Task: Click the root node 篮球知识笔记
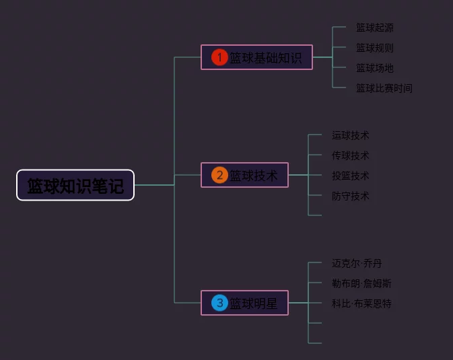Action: [75, 185]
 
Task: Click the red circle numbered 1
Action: [219, 57]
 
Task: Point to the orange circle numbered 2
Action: [219, 175]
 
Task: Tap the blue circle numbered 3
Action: [219, 303]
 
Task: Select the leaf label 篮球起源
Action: [375, 28]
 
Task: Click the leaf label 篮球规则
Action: [375, 48]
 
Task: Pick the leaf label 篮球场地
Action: [375, 68]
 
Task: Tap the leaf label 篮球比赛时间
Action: [384, 88]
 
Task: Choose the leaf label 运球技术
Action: [351, 135]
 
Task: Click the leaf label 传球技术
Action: [351, 155]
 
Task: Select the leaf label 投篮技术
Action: [351, 176]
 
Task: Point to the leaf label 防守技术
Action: [351, 196]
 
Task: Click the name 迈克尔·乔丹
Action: [357, 263]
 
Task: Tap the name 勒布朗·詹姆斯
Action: [361, 283]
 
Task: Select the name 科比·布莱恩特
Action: [361, 303]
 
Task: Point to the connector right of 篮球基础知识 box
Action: [322, 57]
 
